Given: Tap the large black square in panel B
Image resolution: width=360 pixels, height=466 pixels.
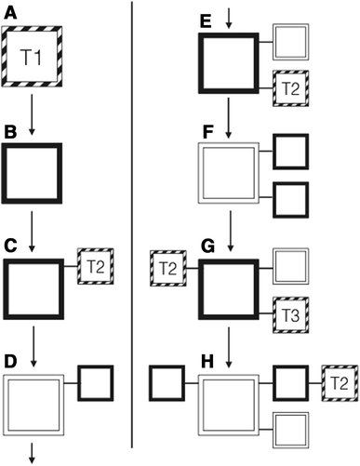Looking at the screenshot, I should tap(33, 172).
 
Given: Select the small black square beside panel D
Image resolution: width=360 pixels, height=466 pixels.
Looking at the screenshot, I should tap(96, 382).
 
